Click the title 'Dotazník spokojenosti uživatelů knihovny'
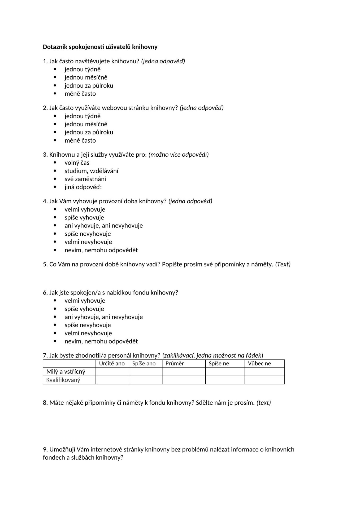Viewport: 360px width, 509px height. tap(100, 47)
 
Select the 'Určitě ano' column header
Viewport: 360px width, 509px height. tap(112, 363)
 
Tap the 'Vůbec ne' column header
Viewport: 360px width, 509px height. tap(259, 363)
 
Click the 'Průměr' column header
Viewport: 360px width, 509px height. tap(175, 363)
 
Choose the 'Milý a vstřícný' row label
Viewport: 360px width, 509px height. tap(66, 372)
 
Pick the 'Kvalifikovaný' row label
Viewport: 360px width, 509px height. tap(63, 380)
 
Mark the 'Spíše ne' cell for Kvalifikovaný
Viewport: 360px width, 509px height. tap(225, 380)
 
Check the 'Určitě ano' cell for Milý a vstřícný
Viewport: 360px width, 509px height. tap(112, 372)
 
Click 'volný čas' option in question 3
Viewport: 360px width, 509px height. tap(77, 163)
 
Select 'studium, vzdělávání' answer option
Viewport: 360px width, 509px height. tap(91, 171)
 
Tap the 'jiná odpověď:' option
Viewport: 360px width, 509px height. tap(83, 187)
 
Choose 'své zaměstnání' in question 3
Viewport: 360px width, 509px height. tap(85, 179)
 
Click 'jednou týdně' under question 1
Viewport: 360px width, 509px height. tap(83, 69)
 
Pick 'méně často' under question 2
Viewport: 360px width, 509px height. tap(80, 141)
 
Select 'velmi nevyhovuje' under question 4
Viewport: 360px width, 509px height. tap(88, 242)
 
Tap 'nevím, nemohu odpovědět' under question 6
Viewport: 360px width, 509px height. tap(101, 341)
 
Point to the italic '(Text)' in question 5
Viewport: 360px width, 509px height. tap(283, 264)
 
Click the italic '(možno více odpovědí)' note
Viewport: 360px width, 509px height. tap(179, 155)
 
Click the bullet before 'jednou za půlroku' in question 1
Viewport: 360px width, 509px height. tap(55, 86)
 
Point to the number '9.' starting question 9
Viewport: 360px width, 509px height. tap(45, 449)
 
